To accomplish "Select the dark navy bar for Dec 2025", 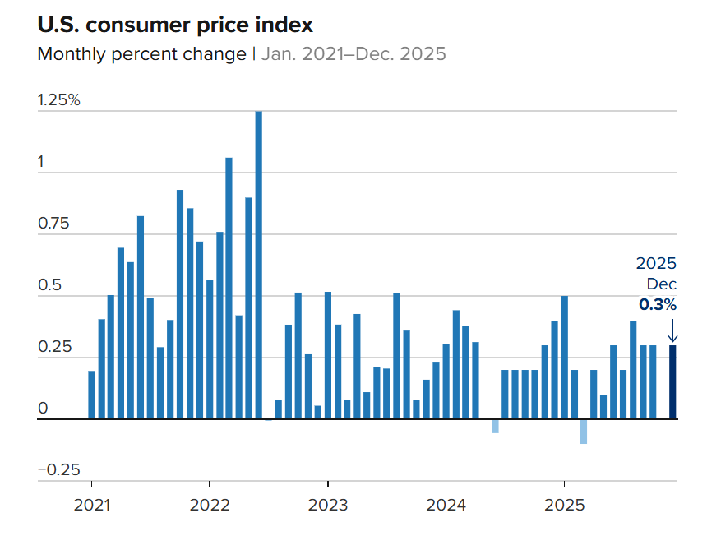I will click(x=672, y=382).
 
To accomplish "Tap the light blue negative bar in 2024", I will click(x=495, y=426).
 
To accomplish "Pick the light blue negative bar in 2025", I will click(x=584, y=432).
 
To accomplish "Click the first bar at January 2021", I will click(x=91, y=395).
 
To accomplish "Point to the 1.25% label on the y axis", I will click(x=59, y=100).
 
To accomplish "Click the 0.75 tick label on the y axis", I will click(x=53, y=224).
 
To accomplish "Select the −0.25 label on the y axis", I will click(x=58, y=470).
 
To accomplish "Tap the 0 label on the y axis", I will click(x=43, y=409).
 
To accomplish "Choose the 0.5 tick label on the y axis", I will click(x=49, y=286).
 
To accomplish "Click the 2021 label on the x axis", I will click(x=91, y=504).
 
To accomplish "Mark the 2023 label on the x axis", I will click(x=327, y=504).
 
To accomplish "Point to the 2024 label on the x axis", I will click(x=446, y=504).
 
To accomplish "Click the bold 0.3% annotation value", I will click(x=658, y=304).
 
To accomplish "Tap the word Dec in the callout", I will click(x=663, y=284).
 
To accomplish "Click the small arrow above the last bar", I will click(x=672, y=330).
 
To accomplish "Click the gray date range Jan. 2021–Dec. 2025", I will click(x=353, y=54).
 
